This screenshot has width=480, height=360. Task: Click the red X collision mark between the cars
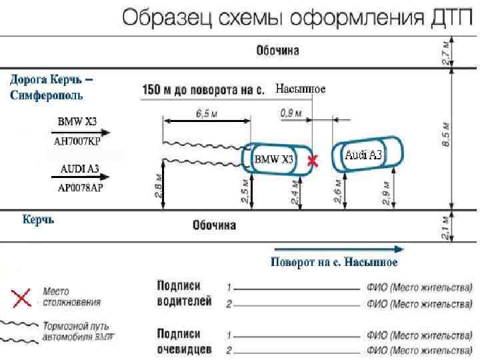point(312,160)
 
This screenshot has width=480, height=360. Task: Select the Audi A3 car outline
point(368,155)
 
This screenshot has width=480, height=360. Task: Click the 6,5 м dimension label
point(207,114)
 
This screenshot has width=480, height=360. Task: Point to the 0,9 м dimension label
point(291,114)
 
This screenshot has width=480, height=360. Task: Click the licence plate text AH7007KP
point(77,142)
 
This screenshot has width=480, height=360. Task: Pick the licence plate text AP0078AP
point(77,187)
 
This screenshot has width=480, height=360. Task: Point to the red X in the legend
point(23,297)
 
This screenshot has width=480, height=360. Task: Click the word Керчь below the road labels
point(38,219)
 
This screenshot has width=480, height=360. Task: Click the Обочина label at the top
point(277,51)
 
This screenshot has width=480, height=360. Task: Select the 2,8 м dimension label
point(156,187)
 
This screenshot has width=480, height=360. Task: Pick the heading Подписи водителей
point(184,293)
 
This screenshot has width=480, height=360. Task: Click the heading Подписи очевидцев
point(184,340)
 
